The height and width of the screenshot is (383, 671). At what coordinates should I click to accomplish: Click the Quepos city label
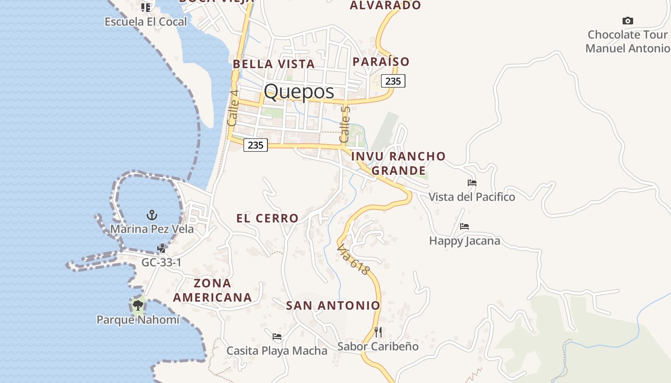[x=299, y=91]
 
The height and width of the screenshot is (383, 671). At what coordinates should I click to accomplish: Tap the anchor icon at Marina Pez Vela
[x=152, y=214]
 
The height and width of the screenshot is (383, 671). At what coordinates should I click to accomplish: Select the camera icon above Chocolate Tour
[x=627, y=21]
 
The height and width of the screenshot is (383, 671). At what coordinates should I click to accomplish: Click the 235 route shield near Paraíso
[x=393, y=81]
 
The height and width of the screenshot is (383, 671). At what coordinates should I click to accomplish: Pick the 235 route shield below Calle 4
[x=255, y=145]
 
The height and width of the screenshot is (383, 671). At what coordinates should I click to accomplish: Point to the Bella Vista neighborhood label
[x=274, y=64]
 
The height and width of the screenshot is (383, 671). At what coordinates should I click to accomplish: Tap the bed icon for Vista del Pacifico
[x=472, y=182]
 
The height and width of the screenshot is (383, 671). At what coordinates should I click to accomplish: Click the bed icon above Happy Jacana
[x=464, y=226]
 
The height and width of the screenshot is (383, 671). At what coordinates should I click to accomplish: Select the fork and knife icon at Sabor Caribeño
[x=378, y=332]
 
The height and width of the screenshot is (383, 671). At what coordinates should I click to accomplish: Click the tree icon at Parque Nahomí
[x=138, y=304]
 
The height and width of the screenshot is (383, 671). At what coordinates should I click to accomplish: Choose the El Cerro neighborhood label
[x=267, y=218]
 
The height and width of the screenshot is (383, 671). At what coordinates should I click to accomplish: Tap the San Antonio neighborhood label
[x=333, y=305]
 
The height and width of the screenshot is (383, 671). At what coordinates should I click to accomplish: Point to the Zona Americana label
[x=212, y=290]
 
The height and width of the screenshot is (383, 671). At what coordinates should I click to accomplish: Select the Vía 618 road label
[x=354, y=260]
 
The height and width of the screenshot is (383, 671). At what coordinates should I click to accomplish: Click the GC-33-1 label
[x=161, y=262]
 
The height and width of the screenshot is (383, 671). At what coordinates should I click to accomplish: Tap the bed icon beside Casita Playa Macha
[x=277, y=337]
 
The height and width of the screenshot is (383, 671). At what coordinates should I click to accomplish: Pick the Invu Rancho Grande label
[x=398, y=163]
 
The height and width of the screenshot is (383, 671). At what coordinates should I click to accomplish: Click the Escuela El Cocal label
[x=146, y=22]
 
